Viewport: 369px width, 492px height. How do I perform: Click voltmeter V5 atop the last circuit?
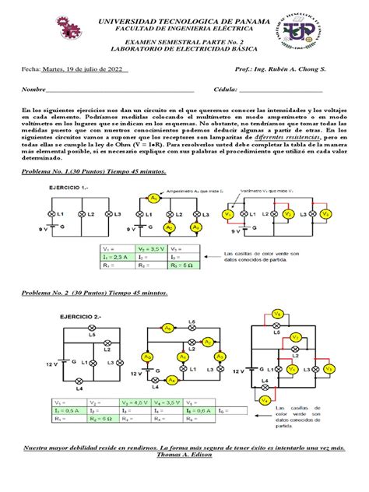(x=298, y=315)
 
